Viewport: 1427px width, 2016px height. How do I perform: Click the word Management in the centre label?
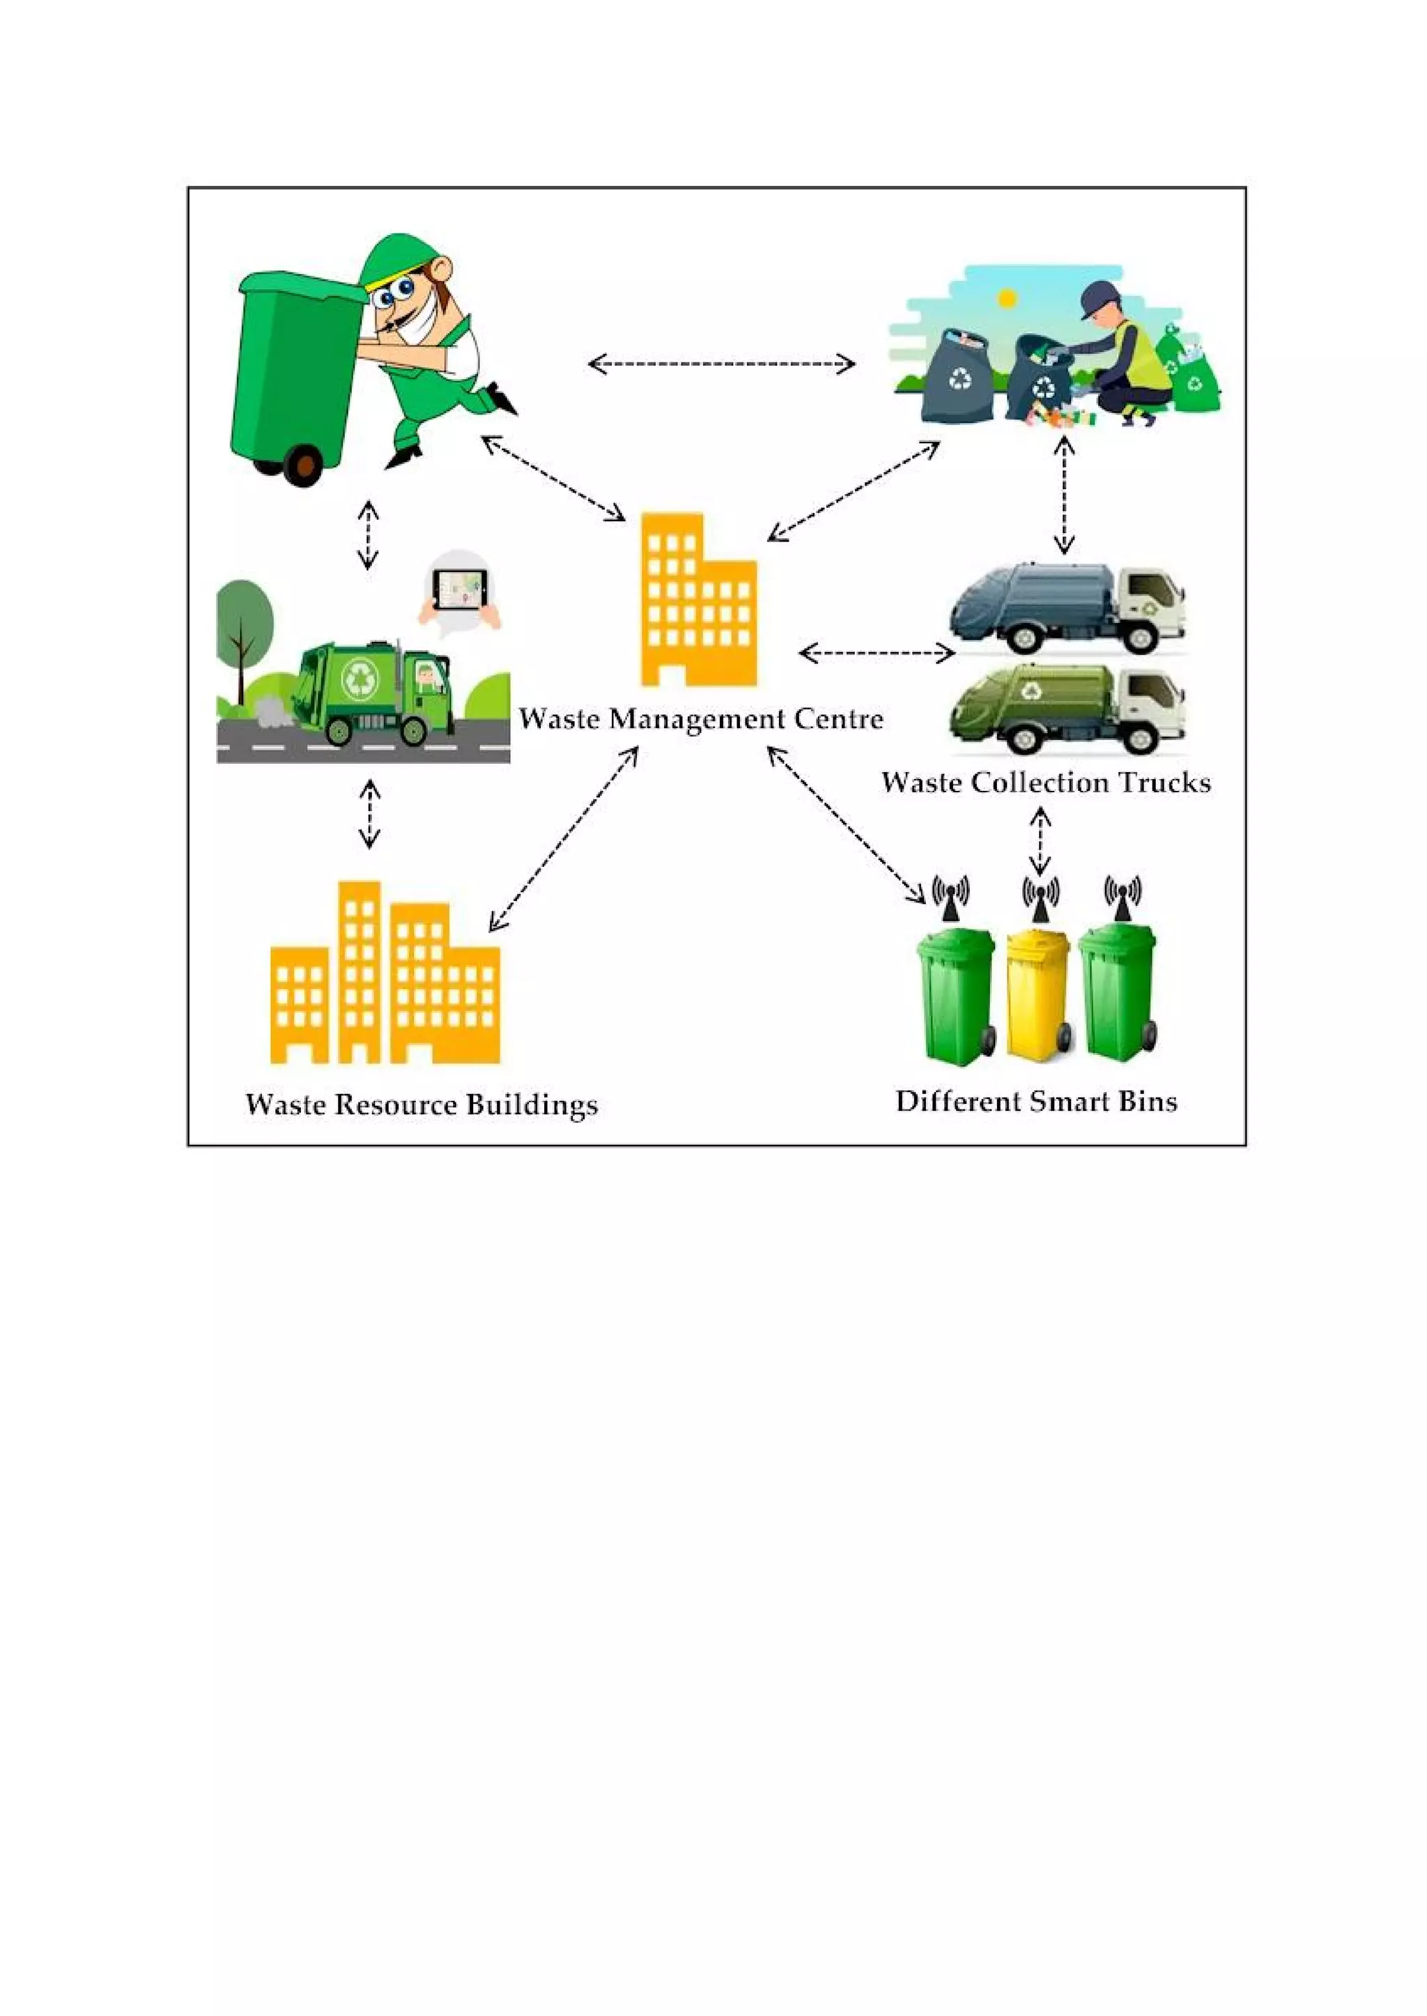(697, 719)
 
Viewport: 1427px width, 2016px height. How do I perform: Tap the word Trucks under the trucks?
(1165, 782)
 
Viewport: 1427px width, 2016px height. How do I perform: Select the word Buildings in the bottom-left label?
(532, 1105)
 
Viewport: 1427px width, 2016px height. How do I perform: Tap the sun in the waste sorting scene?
(1008, 299)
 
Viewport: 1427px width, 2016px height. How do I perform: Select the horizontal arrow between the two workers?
(721, 363)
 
